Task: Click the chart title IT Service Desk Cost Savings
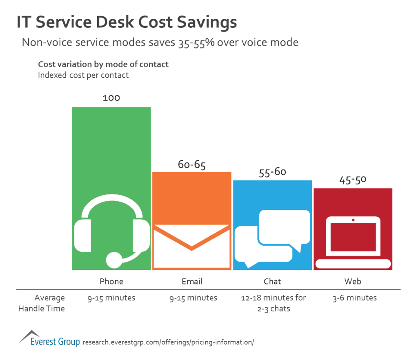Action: (127, 22)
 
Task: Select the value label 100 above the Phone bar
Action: (111, 98)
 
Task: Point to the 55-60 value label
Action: (272, 172)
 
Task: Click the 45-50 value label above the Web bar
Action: (353, 180)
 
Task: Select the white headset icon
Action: (111, 233)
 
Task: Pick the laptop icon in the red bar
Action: (353, 242)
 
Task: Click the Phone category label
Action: (111, 282)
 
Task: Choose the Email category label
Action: (192, 282)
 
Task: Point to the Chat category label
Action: (272, 282)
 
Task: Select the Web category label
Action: (353, 282)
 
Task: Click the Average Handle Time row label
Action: (42, 303)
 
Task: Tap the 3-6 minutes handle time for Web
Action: (355, 298)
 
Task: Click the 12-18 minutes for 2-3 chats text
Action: (273, 303)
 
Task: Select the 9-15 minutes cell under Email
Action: (193, 298)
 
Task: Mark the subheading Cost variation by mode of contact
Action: (103, 64)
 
